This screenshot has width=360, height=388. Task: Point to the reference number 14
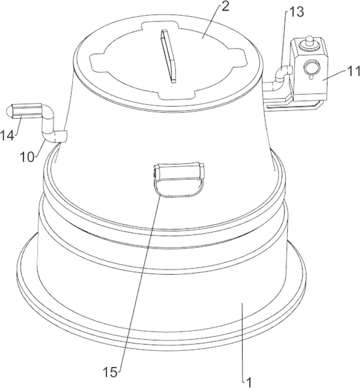pyautogui.click(x=7, y=136)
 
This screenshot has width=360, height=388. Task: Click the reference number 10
pyautogui.click(x=27, y=157)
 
